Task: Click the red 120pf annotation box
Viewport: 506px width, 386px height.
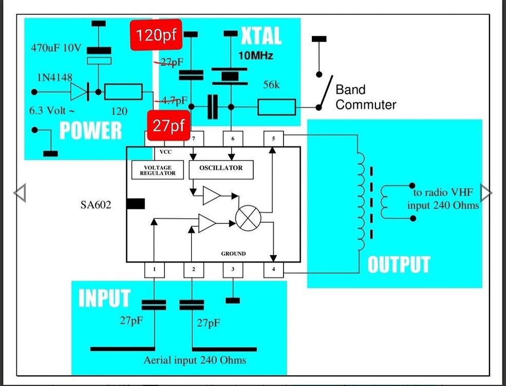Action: tap(155, 36)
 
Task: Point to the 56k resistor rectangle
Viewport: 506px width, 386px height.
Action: tap(276, 107)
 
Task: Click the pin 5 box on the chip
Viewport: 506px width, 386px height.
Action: tap(273, 138)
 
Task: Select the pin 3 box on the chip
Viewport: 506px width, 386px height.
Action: tap(233, 269)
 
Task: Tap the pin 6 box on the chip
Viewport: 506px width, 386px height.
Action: tap(233, 138)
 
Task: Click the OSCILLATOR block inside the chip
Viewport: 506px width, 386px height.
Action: tap(221, 168)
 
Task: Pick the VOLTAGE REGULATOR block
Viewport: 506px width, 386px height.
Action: tap(158, 170)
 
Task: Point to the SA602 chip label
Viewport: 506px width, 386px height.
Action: tap(96, 204)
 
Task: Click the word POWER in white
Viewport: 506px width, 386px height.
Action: tap(90, 131)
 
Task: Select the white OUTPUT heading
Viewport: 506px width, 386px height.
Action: tap(398, 264)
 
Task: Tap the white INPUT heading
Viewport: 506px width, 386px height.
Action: tap(104, 299)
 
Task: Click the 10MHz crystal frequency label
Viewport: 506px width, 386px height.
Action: tap(256, 55)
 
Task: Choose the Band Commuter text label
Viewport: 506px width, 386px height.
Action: tap(365, 97)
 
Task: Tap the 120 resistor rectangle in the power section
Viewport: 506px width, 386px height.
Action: tap(123, 92)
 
